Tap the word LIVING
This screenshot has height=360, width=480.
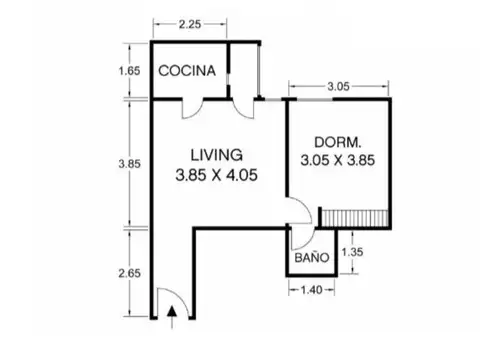click(215, 155)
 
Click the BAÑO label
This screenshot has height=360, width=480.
click(311, 257)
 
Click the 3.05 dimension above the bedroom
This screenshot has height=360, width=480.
click(338, 87)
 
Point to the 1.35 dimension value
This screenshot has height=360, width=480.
click(353, 252)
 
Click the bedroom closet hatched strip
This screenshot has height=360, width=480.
click(354, 217)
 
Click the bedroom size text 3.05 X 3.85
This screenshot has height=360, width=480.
click(336, 159)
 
